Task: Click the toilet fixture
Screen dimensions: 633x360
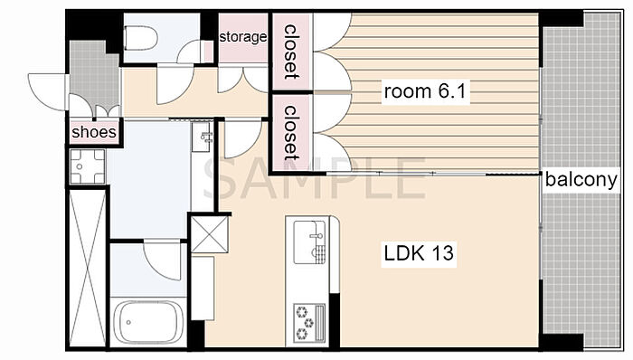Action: click(x=140, y=38)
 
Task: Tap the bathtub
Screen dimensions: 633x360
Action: click(x=147, y=322)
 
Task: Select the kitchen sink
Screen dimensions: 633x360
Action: click(x=309, y=242)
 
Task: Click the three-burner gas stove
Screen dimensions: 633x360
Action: click(x=309, y=322)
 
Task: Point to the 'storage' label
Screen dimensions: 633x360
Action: click(x=243, y=37)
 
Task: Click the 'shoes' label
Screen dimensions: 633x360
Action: click(x=94, y=131)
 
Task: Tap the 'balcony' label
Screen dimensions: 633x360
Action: click(x=581, y=180)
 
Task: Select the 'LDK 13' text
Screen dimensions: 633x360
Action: click(x=419, y=253)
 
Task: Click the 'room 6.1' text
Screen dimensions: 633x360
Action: click(x=425, y=91)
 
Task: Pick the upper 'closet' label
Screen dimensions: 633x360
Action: click(x=290, y=52)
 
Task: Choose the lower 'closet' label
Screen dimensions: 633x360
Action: click(x=290, y=133)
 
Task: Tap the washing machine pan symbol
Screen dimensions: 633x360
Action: click(x=88, y=166)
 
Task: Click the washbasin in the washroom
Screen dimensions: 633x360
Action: click(x=201, y=137)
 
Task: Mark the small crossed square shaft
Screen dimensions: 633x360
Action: click(x=209, y=234)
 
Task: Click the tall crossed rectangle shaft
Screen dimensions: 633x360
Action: click(x=87, y=269)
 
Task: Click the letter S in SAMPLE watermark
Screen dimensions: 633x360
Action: click(x=220, y=178)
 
